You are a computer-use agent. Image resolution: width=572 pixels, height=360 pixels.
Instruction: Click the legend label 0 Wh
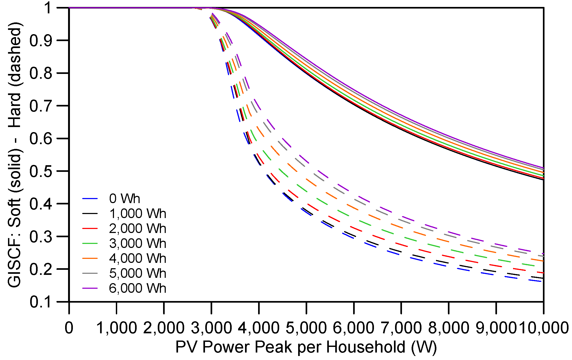click(124, 199)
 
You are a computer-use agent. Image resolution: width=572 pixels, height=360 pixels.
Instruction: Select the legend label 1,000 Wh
click(137, 213)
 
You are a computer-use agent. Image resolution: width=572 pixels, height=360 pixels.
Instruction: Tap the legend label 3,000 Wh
click(137, 243)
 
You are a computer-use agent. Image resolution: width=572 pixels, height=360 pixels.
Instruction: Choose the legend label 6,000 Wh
click(137, 288)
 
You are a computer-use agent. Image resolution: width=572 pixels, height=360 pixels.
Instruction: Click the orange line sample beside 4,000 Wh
click(90, 258)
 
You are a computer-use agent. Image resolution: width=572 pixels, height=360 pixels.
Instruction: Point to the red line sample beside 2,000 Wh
click(90, 228)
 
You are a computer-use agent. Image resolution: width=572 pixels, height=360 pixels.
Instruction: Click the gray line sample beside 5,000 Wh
click(90, 273)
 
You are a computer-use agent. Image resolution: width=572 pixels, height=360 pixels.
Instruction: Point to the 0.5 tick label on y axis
click(41, 171)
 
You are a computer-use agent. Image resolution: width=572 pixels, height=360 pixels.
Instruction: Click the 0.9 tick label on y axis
click(41, 41)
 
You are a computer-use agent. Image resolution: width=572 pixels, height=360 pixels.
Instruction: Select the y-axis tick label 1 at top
click(48, 8)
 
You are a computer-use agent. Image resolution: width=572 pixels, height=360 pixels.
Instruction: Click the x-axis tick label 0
click(69, 328)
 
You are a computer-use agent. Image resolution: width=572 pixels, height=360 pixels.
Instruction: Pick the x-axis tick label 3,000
click(211, 328)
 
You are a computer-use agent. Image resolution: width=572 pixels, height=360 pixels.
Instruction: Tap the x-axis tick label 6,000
click(354, 328)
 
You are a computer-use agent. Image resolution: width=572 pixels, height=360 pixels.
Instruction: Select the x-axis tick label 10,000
click(543, 328)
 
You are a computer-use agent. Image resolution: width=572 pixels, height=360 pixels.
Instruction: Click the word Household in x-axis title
click(366, 347)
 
